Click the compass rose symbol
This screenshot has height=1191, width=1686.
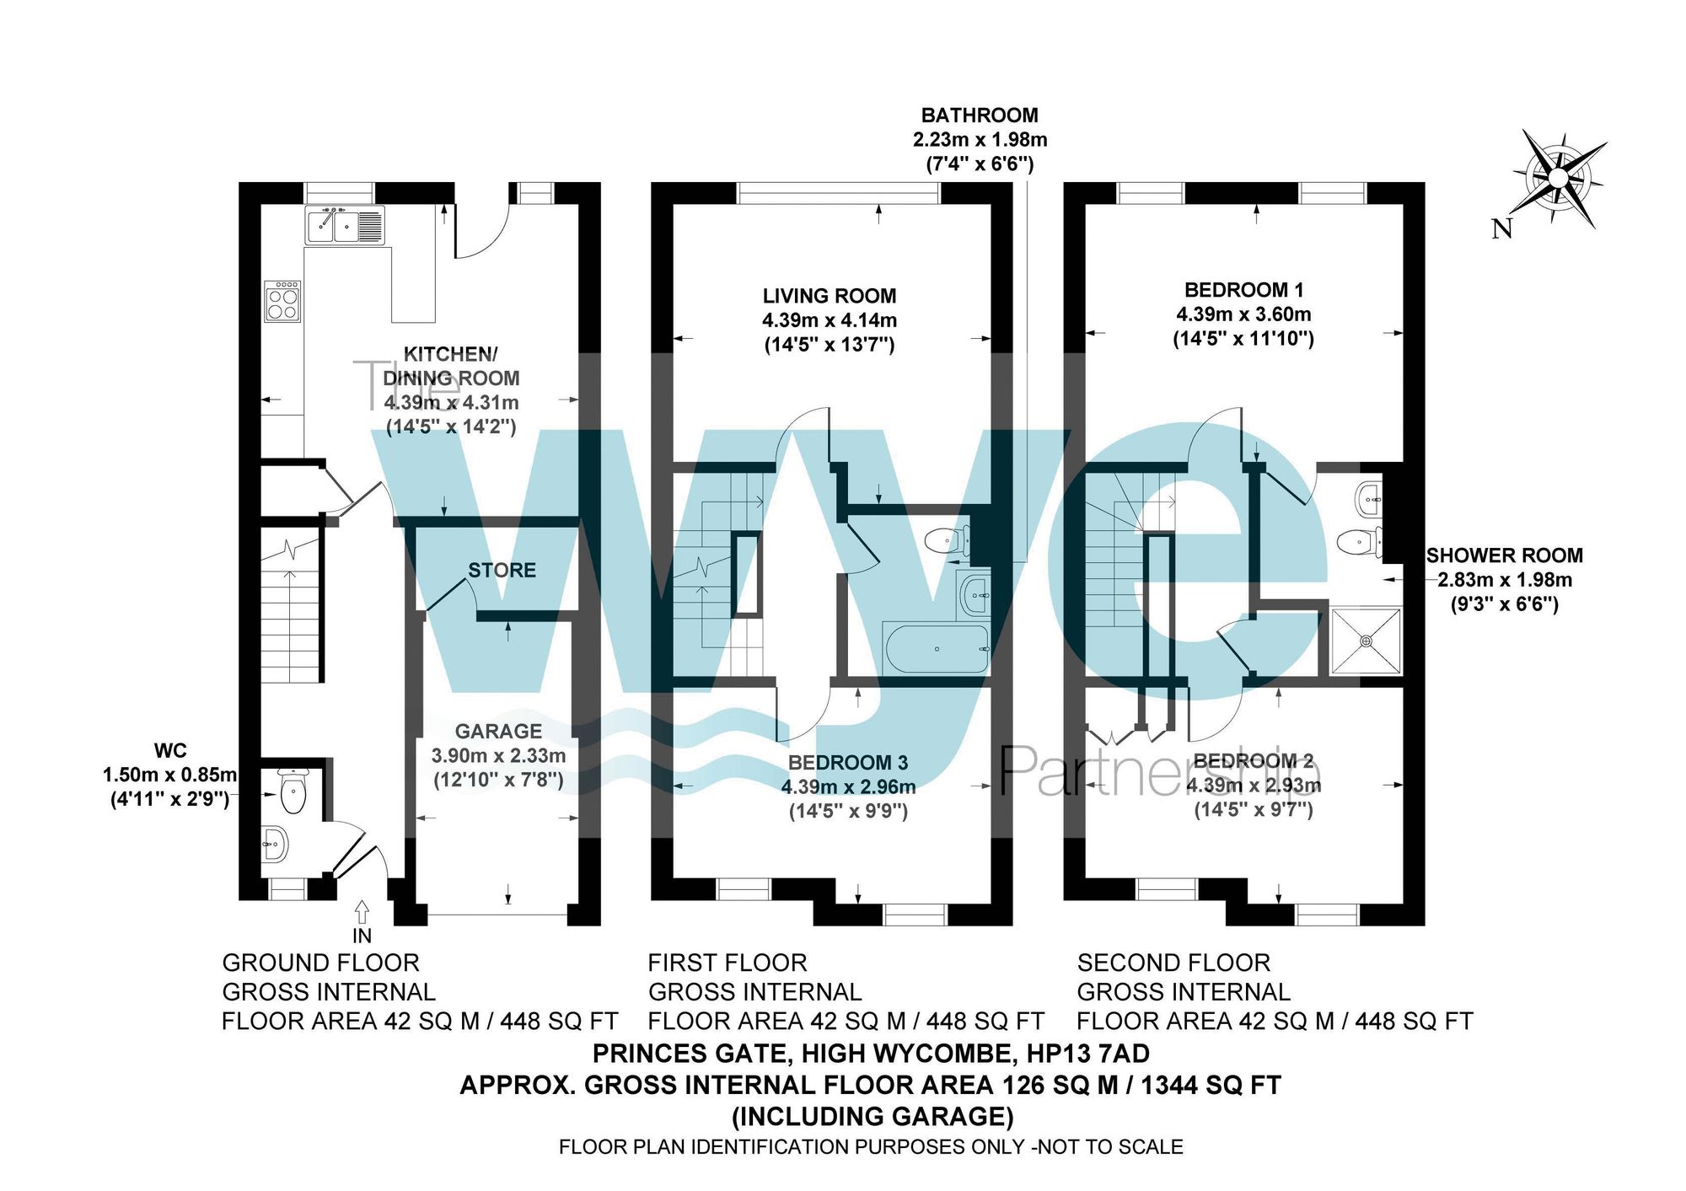tap(1558, 179)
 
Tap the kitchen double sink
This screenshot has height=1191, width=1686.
tap(344, 225)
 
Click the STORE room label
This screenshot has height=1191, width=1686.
tap(502, 570)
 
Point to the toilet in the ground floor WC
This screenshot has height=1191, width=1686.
tap(292, 791)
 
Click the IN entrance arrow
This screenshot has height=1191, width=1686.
tap(362, 912)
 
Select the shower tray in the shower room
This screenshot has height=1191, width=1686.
tap(1366, 641)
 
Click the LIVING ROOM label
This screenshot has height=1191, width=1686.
tap(829, 296)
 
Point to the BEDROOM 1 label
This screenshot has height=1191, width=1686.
tap(1243, 290)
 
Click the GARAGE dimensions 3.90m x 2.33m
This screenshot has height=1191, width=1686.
tap(498, 755)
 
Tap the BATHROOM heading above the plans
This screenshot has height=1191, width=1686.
tap(979, 115)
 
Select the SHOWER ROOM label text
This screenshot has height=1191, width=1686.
tap(1504, 555)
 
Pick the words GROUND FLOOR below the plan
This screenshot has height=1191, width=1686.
tap(320, 963)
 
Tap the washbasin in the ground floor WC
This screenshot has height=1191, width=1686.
tap(274, 842)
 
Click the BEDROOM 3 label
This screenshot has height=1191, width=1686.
tap(847, 763)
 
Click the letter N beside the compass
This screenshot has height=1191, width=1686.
tap(1501, 228)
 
